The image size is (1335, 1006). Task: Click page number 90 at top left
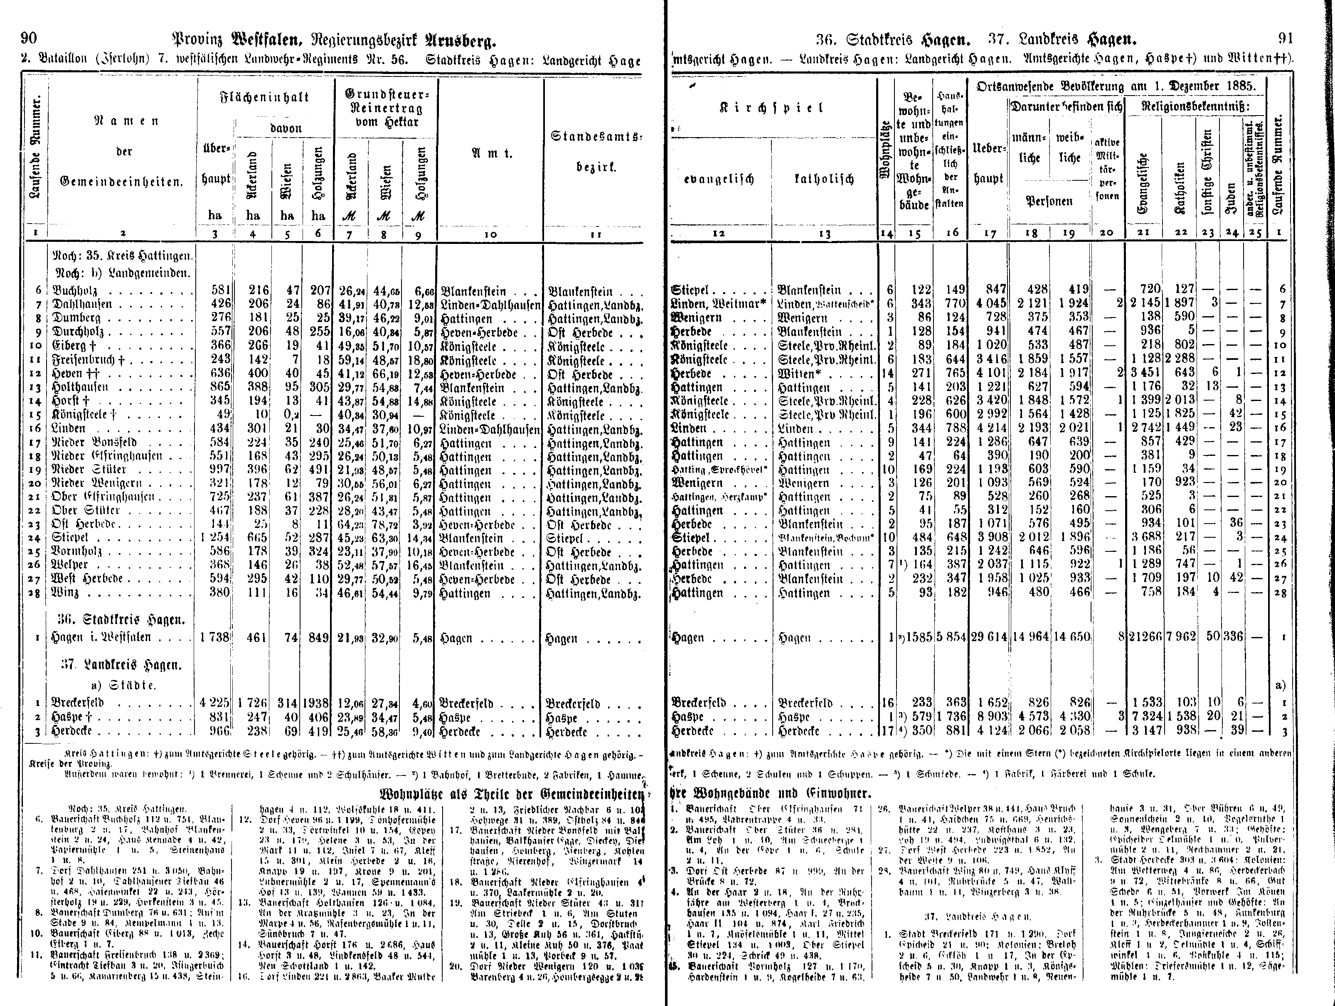point(29,39)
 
